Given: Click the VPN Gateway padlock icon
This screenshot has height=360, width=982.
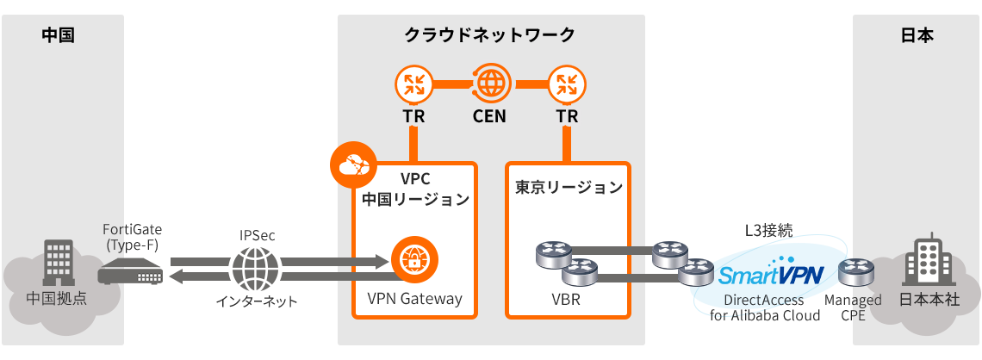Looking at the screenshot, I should (x=415, y=258).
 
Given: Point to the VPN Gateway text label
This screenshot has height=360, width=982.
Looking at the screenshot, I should (x=414, y=299).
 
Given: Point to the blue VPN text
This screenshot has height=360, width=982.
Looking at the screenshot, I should (x=801, y=276).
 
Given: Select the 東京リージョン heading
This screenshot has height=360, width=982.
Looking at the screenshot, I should (x=568, y=187).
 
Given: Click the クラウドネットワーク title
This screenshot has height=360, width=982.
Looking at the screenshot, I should (x=489, y=35).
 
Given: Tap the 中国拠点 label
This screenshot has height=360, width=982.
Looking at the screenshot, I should (x=57, y=300).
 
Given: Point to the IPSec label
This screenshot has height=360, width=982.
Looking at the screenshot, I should (x=256, y=234).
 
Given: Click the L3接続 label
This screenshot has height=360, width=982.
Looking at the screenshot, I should (x=768, y=230).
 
